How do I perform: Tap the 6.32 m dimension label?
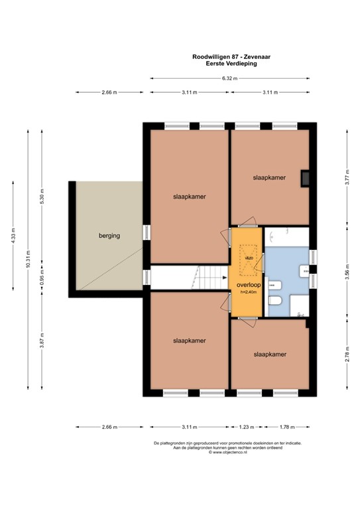pos(229,78)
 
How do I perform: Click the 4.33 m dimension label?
pos(13,235)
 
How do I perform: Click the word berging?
pos(109,236)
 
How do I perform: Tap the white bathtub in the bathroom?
pos(286,237)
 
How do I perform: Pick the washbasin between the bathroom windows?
pos(304,270)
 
